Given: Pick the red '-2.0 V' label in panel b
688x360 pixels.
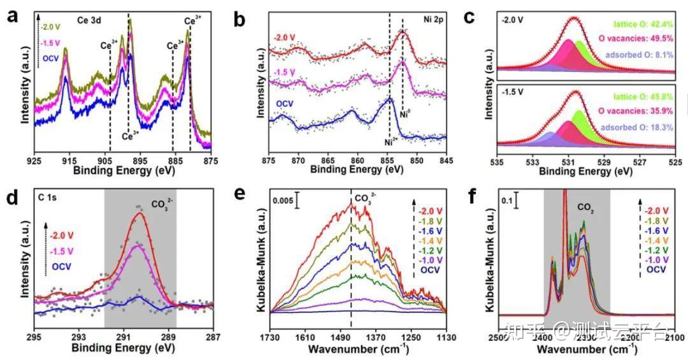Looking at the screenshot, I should point(285,38).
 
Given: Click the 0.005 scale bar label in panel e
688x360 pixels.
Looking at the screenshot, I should point(283,201).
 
